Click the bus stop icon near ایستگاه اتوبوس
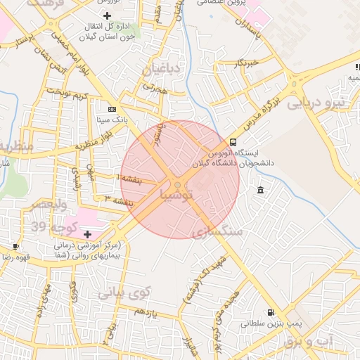coord(233,142)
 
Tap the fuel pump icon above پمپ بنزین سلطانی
coord(271,313)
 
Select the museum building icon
coord(261,191)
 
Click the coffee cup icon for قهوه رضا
coord(16,246)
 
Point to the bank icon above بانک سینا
coord(112,109)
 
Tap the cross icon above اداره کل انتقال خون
coord(107,15)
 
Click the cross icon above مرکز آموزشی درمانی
coord(87,233)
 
